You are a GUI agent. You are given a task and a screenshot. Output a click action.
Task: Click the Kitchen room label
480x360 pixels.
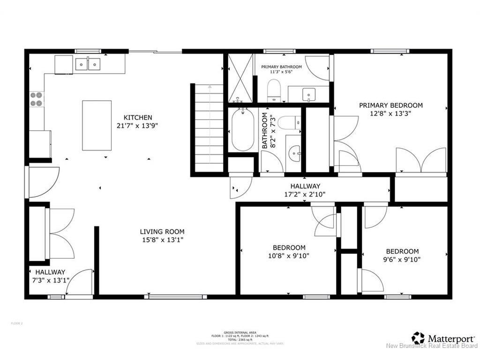tap(137, 117)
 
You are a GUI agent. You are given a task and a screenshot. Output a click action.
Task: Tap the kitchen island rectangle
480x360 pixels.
tap(97, 125)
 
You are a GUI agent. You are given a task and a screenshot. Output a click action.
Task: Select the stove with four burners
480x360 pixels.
tap(37, 99)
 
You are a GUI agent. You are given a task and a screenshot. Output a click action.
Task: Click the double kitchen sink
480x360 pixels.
tap(88, 63)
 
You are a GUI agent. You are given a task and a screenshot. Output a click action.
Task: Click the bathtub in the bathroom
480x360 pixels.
tap(243, 130)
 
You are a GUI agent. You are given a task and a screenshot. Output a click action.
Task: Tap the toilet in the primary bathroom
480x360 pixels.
tap(273, 90)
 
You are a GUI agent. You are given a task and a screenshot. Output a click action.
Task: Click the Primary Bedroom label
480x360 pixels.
tap(391, 105)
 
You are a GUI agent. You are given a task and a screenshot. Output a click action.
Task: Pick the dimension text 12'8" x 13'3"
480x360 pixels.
tap(391, 113)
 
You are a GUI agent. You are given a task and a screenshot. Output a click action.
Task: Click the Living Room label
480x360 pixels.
tap(162, 232)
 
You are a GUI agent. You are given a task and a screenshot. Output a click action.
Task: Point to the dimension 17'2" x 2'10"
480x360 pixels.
tap(305, 194)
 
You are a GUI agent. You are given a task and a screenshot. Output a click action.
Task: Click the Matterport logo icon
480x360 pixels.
tap(418, 337)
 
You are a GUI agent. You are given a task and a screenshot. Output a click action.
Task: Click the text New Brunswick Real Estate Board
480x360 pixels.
tap(431, 347)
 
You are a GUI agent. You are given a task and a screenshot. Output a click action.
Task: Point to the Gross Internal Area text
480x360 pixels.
tap(240, 333)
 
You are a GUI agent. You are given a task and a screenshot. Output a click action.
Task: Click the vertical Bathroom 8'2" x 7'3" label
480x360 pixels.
tap(267, 130)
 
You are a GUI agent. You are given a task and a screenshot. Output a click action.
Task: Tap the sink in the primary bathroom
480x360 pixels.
tap(309, 94)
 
